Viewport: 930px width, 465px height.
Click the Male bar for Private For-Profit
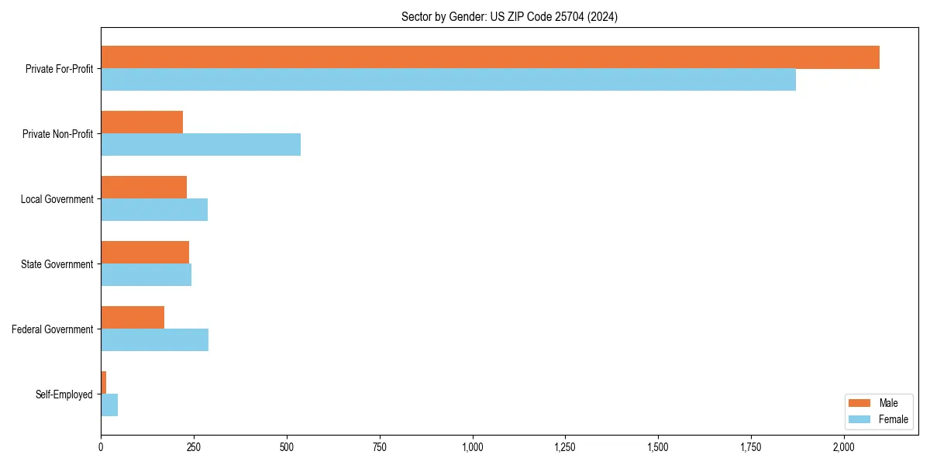coord(490,57)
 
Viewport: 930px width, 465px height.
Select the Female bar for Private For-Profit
coord(448,80)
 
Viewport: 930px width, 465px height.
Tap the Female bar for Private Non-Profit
coord(201,145)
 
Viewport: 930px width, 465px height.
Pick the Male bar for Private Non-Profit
coord(142,122)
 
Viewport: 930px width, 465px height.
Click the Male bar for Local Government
coord(143,188)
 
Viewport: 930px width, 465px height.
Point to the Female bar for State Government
coord(146,275)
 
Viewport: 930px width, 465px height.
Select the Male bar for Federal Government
coord(133,318)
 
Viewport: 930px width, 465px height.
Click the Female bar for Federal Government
coord(154,340)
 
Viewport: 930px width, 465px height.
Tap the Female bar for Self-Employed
coord(109,405)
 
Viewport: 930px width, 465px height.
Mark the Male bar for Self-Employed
coord(104,383)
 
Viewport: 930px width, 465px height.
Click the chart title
coord(509,16)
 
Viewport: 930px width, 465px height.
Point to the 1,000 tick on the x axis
coord(472,447)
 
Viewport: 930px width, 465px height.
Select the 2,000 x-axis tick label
coord(844,447)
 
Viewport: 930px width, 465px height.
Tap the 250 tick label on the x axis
coord(194,447)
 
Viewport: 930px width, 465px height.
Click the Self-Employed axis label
coord(64,394)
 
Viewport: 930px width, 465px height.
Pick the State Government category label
coord(57,264)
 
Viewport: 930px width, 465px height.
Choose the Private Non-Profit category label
coord(57,134)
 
